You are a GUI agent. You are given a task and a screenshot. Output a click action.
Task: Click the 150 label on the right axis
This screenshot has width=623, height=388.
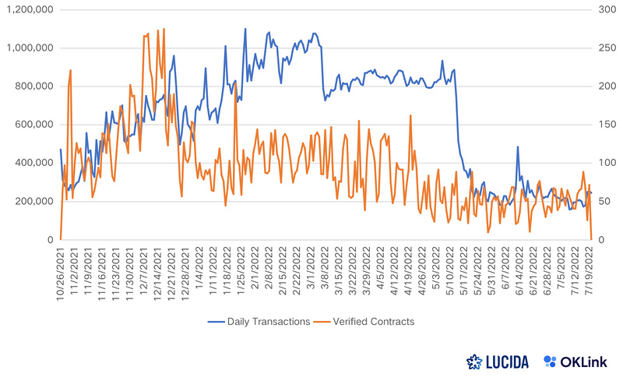point(607,125)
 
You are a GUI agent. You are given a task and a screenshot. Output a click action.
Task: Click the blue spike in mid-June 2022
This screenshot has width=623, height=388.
point(517,146)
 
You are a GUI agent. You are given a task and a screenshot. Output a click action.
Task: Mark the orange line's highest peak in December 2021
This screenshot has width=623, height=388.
point(164,29)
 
